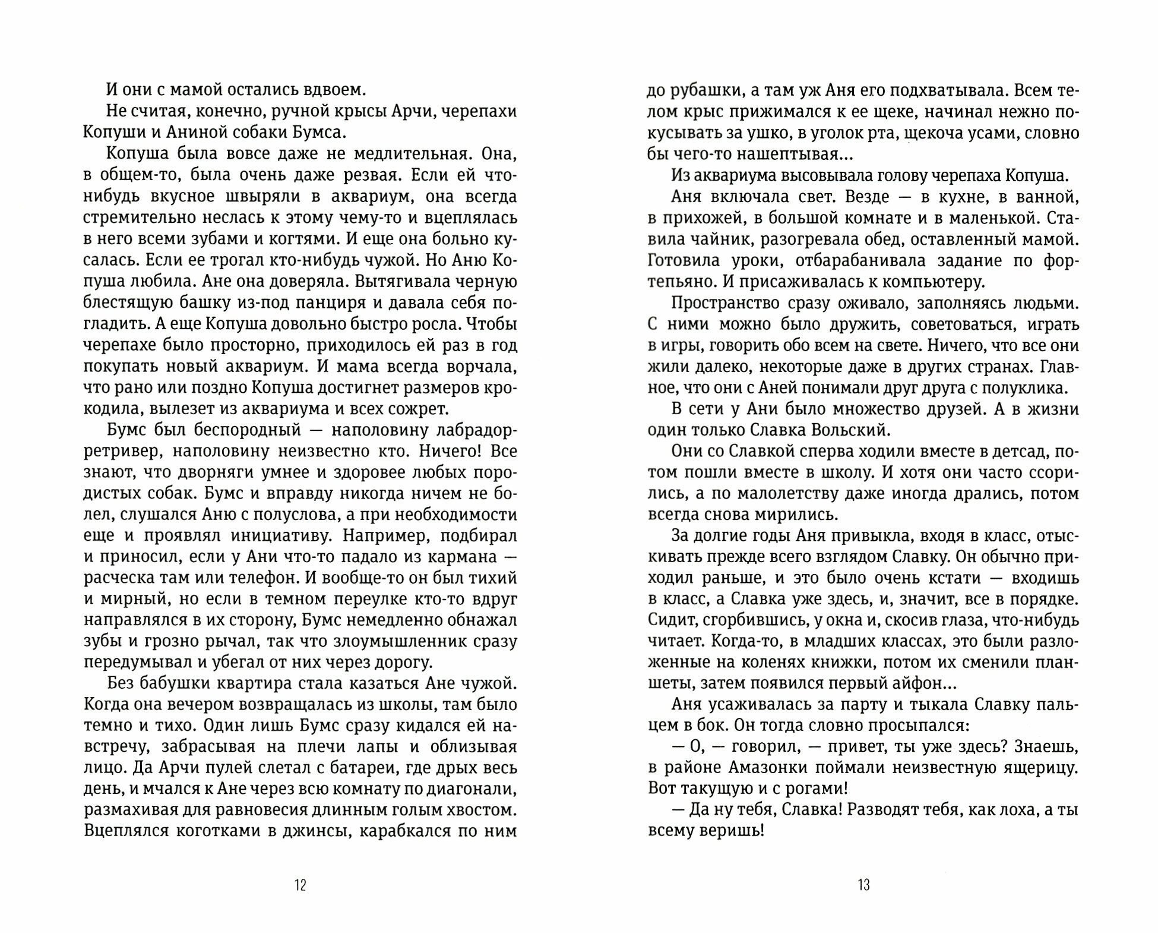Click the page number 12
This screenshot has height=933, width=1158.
(x=300, y=885)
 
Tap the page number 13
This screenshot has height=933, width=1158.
(x=863, y=885)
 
